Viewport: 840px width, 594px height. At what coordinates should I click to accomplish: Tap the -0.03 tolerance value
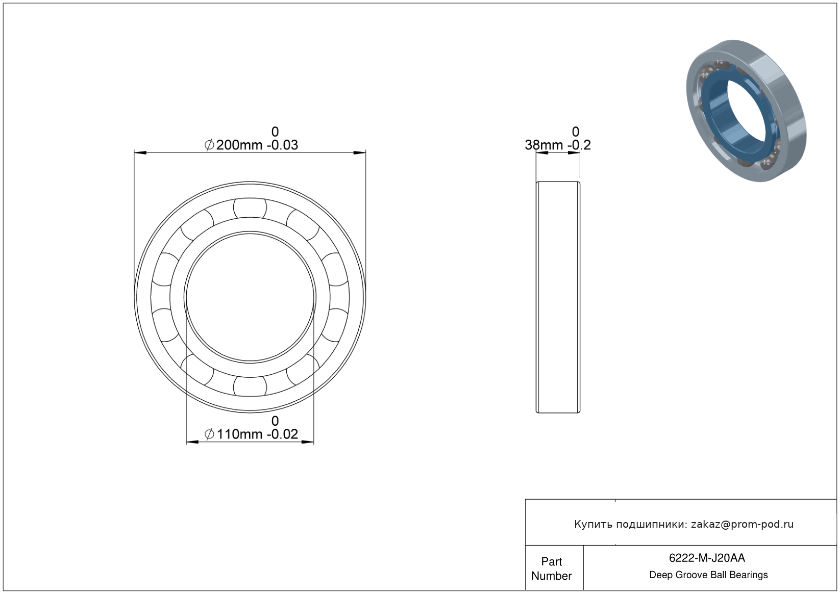tap(282, 145)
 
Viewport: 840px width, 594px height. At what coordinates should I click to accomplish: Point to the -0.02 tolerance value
tap(282, 434)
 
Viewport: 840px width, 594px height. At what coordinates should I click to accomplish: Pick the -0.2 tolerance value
tap(579, 145)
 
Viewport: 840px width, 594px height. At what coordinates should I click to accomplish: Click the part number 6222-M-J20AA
tap(707, 558)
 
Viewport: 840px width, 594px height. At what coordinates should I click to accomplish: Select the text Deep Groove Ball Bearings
tap(708, 575)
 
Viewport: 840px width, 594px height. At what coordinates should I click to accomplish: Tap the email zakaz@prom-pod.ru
tap(742, 524)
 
